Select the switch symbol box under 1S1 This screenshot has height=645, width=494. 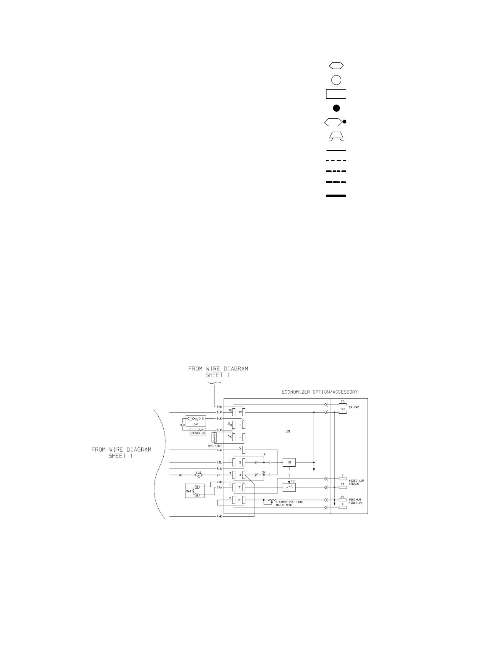point(289,487)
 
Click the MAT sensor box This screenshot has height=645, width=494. point(195,491)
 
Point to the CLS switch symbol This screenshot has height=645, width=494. point(199,475)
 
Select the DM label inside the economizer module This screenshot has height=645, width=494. point(287,432)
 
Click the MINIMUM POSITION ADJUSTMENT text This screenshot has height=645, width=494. point(289,503)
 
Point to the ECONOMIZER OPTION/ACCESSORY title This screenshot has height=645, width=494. point(319,392)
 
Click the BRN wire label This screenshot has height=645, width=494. point(219,406)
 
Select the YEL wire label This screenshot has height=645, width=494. point(219,462)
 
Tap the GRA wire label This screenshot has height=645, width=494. point(219,487)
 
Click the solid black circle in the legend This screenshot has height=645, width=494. point(337,108)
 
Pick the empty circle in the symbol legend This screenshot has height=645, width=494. point(337,79)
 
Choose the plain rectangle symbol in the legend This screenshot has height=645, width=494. point(337,93)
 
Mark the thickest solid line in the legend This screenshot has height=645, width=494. point(337,195)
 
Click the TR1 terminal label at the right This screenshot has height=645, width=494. point(342,410)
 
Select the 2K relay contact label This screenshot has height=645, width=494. point(263,472)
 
